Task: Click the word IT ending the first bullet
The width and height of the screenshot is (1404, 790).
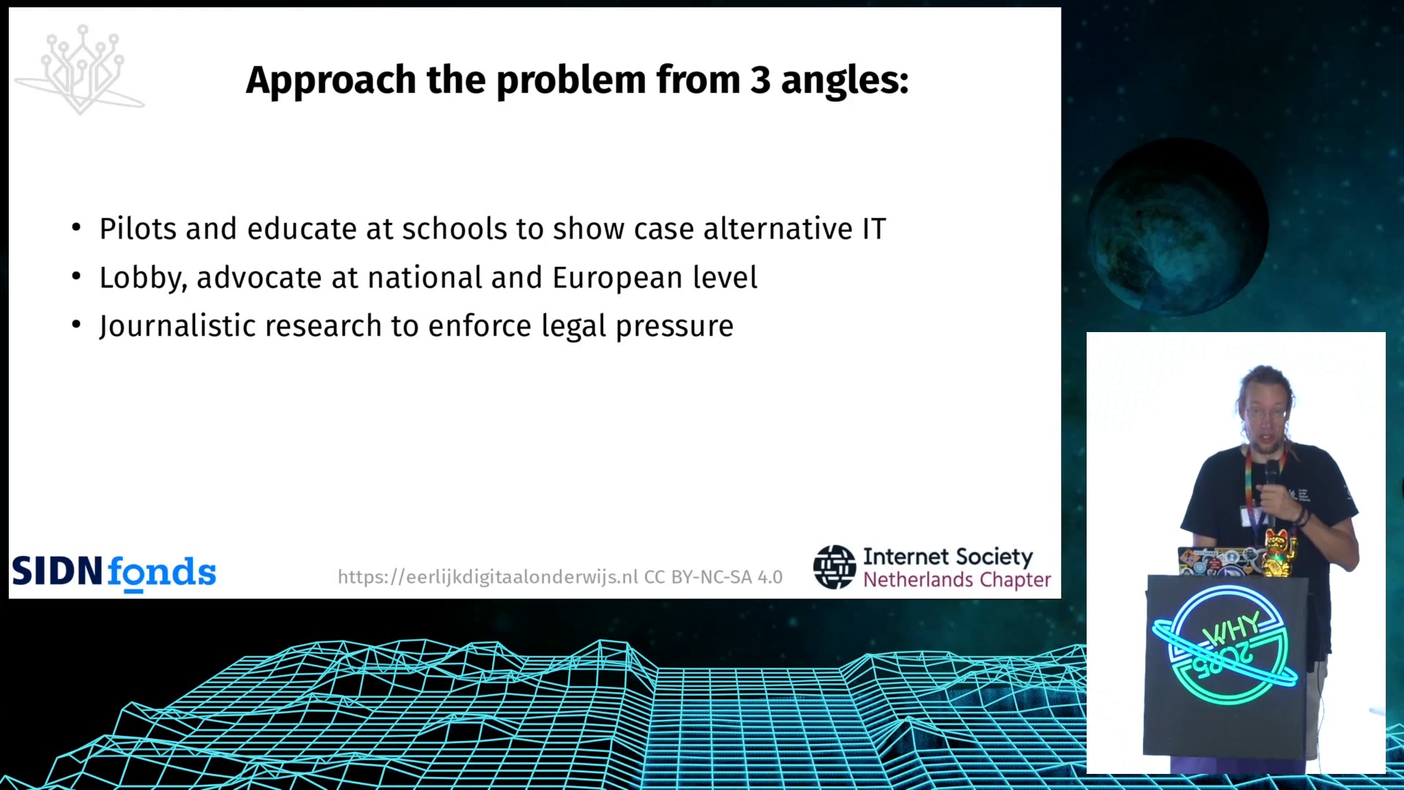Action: tap(874, 229)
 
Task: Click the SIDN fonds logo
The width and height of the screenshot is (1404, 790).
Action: tap(114, 573)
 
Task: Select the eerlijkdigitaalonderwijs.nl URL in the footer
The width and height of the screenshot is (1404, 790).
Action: tap(488, 577)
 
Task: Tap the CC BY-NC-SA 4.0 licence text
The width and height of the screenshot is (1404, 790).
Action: tap(713, 577)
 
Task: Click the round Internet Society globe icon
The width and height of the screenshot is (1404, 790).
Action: tap(834, 567)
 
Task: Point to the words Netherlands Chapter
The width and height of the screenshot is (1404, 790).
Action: tap(956, 580)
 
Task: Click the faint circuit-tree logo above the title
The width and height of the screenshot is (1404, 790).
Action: tap(80, 69)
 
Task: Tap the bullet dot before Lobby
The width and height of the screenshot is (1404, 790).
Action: tap(76, 276)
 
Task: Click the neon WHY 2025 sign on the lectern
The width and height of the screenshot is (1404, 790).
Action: tap(1226, 644)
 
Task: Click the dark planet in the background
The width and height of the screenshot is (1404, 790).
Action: tap(1177, 227)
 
